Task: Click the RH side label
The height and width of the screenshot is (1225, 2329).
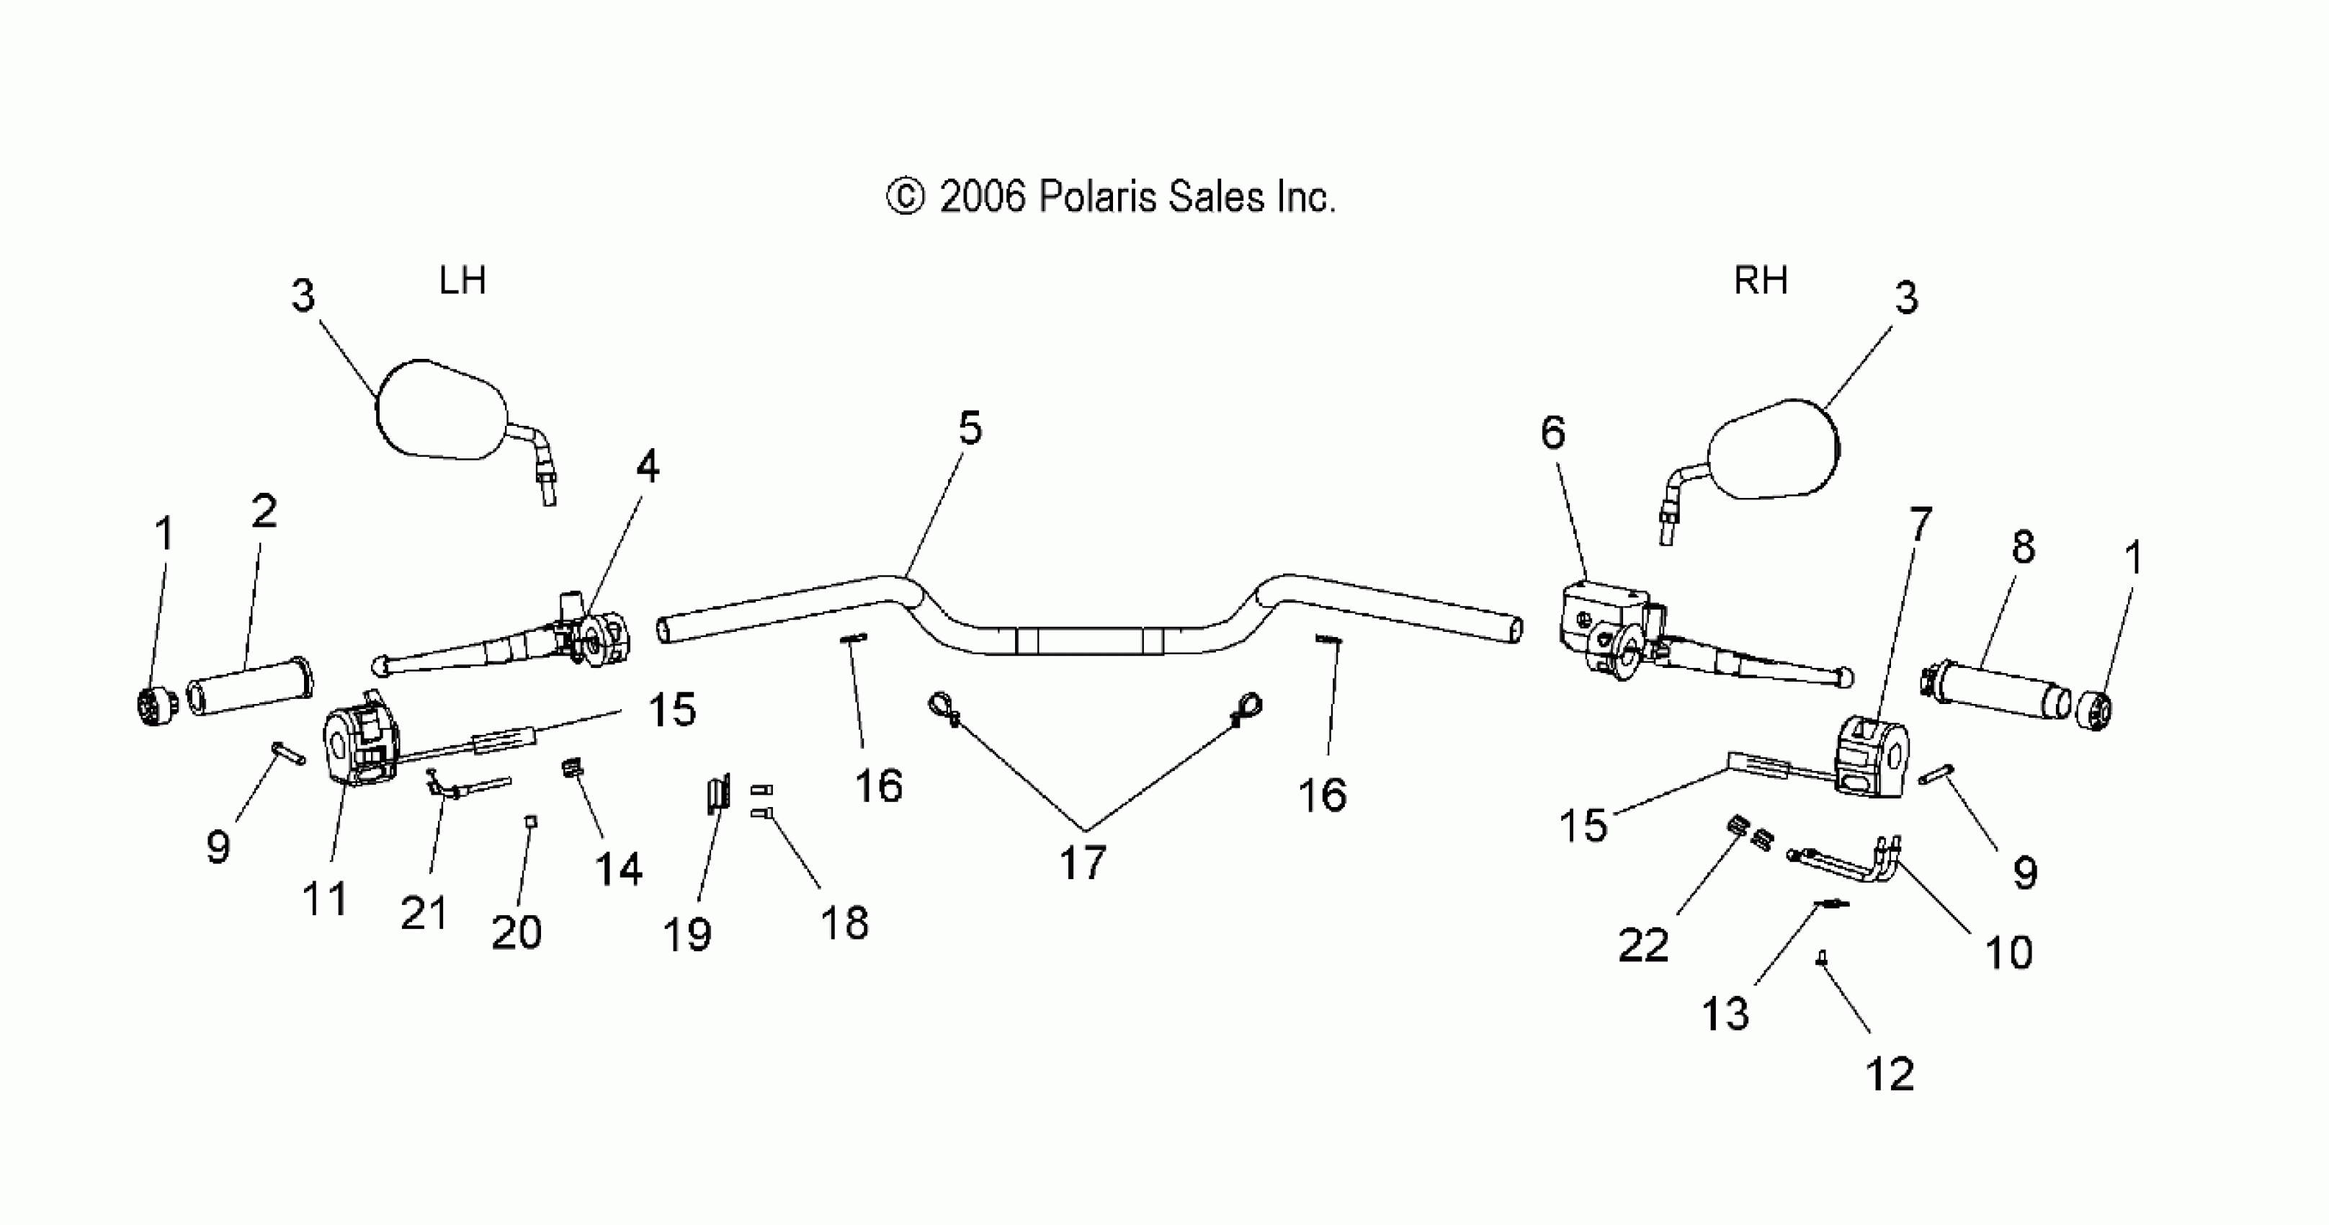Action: (1759, 281)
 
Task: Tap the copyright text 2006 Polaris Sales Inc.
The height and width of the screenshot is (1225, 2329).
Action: (1110, 197)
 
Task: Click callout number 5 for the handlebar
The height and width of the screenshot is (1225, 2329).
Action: (969, 427)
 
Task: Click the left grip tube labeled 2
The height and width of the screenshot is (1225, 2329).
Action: (249, 685)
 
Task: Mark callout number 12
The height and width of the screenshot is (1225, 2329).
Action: (1890, 1074)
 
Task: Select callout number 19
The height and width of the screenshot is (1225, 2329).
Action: (687, 934)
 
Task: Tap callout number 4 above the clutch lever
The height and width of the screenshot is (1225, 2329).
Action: (648, 466)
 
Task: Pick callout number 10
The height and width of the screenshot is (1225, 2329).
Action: (2008, 953)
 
